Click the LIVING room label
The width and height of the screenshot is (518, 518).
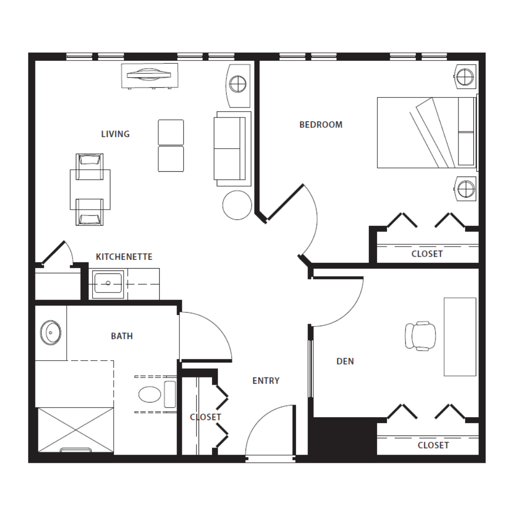tap(115, 134)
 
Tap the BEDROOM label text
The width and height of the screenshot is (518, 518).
tap(321, 125)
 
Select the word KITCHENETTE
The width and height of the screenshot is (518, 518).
tap(124, 257)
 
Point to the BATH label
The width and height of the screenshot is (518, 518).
tap(122, 336)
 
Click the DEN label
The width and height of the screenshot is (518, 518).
tap(345, 362)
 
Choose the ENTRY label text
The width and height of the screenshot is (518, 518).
tap(266, 381)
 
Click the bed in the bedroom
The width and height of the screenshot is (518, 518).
tap(427, 132)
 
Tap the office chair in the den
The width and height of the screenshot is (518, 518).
tap(420, 336)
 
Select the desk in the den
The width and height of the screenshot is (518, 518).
tap(460, 337)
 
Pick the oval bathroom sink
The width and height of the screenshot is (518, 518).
tap(50, 333)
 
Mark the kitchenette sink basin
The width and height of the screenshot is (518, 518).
tap(108, 283)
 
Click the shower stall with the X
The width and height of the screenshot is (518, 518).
tap(76, 430)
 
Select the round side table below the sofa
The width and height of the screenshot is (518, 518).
tap(237, 205)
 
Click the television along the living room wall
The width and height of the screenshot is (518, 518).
tap(150, 76)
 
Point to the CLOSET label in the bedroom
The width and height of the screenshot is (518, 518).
tap(427, 254)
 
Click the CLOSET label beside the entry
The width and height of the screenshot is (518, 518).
tap(205, 417)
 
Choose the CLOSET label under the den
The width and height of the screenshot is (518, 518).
tap(433, 445)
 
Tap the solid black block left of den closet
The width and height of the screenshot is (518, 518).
tap(344, 436)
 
